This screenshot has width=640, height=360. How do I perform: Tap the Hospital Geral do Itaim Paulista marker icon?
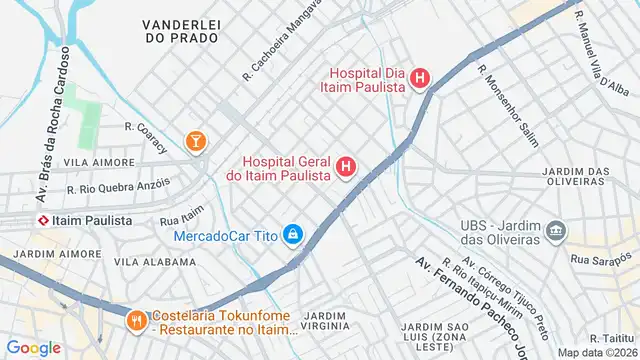347,166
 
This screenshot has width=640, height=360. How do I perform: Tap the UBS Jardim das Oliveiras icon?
556,234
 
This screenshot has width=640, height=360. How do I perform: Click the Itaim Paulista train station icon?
44,220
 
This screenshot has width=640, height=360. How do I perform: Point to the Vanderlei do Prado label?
181,30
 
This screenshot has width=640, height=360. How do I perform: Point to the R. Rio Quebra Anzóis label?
118,186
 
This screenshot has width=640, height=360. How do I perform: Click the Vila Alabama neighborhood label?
155,262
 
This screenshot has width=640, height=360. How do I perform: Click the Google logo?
34,347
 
